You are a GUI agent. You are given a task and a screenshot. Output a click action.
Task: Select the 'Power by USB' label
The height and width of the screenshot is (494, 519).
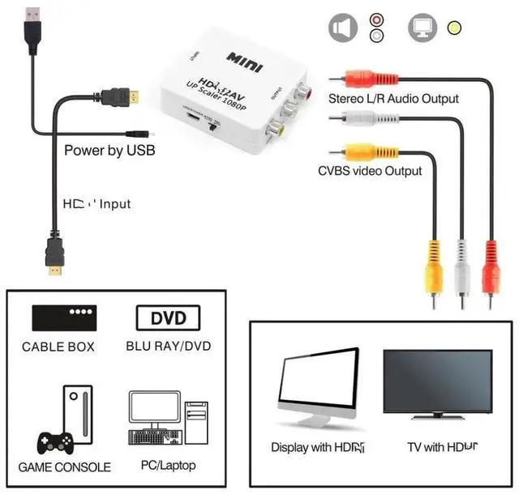pyautogui.click(x=109, y=151)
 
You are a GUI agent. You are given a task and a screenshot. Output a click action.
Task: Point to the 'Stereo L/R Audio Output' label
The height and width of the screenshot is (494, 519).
pyautogui.click(x=393, y=99)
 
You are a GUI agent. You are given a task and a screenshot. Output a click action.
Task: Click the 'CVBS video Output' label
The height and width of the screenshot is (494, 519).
pyautogui.click(x=370, y=171)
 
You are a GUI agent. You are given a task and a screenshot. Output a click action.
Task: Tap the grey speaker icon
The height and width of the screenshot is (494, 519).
pyautogui.click(x=343, y=28)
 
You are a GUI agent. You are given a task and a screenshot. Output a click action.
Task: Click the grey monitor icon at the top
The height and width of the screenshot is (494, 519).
pyautogui.click(x=422, y=28)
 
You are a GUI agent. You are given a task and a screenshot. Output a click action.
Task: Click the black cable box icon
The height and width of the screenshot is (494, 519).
pyautogui.click(x=64, y=317)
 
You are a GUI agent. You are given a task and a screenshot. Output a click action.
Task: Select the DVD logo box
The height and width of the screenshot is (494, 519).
pyautogui.click(x=168, y=317)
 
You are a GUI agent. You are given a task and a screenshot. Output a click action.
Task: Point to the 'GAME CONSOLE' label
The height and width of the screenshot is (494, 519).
pyautogui.click(x=65, y=467)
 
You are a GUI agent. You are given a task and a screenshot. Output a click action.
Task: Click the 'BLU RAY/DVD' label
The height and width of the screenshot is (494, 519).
pyautogui.click(x=169, y=347)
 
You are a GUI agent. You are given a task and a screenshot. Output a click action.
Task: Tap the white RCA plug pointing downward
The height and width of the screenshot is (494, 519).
pyautogui.click(x=461, y=271)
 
